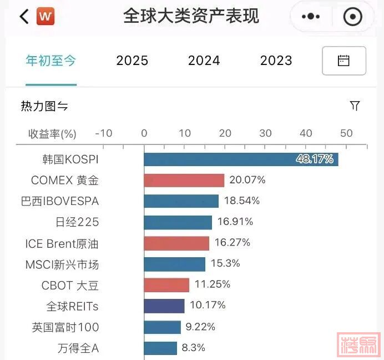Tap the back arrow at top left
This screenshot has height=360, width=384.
23,16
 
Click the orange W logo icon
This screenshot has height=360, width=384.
46,16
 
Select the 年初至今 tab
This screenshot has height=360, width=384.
51,61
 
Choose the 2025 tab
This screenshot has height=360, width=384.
132,61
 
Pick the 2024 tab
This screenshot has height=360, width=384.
204,61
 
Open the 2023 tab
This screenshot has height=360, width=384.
276,61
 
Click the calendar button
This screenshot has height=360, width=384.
343,61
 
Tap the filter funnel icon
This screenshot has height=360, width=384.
355,106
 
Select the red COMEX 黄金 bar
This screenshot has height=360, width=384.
184,181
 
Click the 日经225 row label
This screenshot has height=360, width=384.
77,222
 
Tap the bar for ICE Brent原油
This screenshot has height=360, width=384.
176,243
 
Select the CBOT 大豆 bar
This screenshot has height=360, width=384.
166,285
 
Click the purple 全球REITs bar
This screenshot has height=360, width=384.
164,306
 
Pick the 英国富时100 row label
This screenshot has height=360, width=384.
65,327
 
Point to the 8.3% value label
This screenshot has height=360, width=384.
193,348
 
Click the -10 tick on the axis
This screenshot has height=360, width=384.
104,133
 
